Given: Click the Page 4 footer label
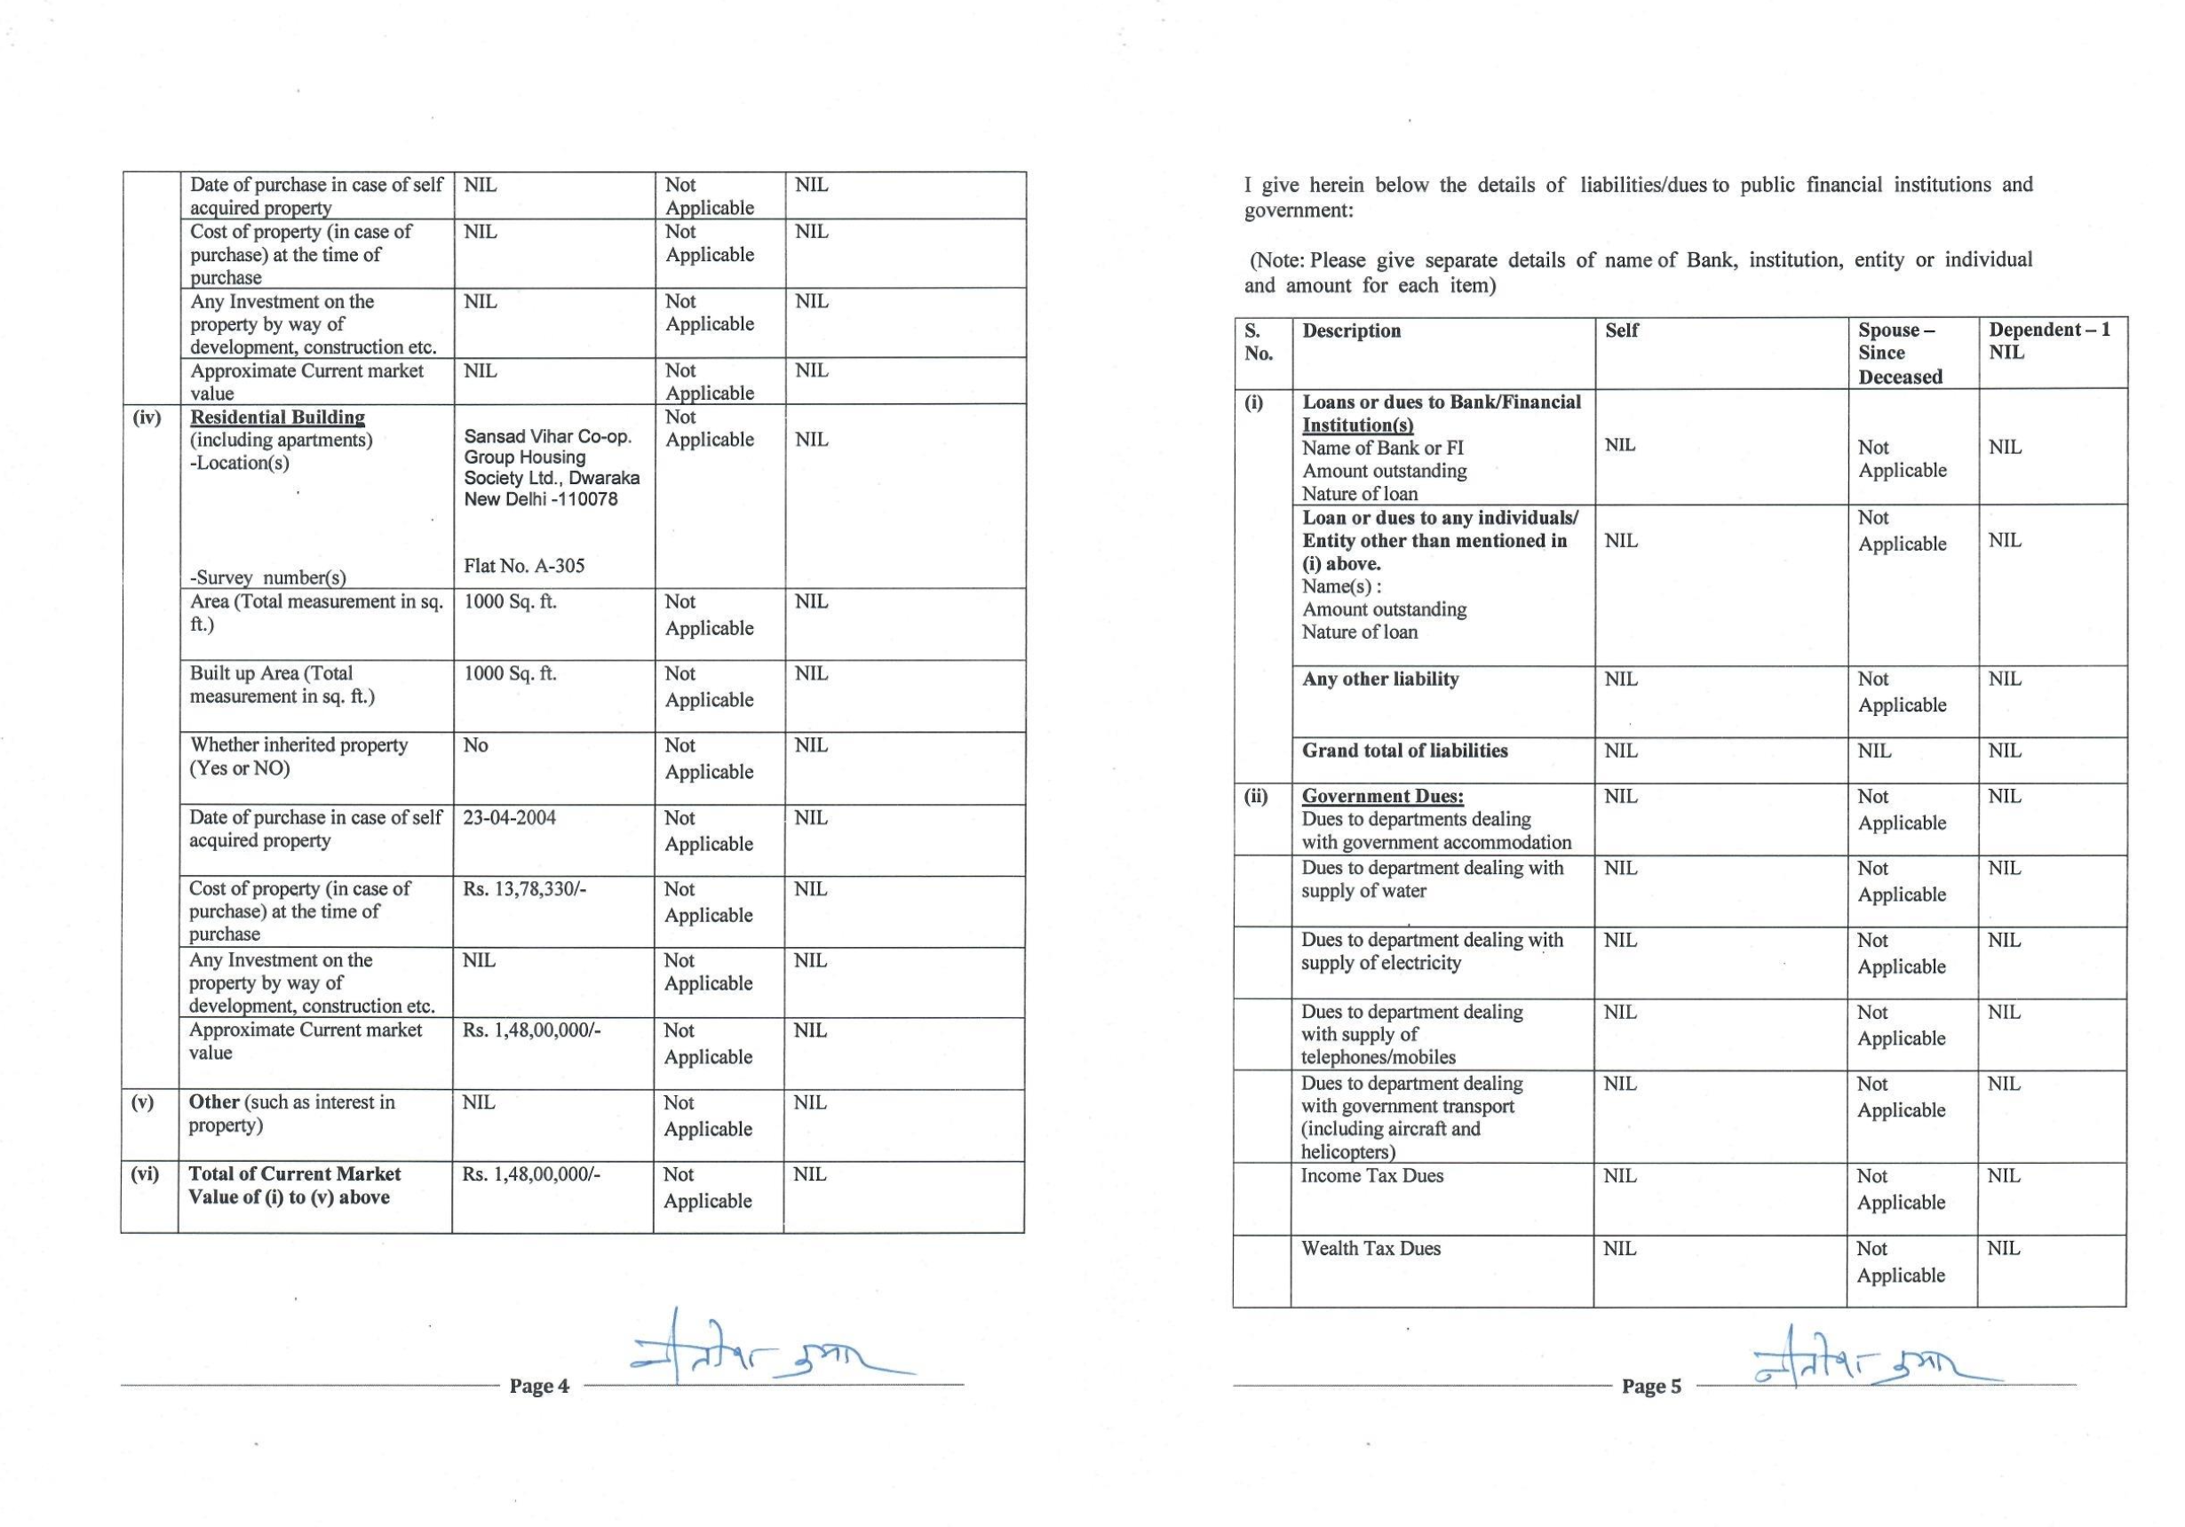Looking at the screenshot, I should pyautogui.click(x=538, y=1386).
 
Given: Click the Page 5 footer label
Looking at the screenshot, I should pyautogui.click(x=1651, y=1386).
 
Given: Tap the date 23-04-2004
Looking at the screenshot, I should pyautogui.click(x=509, y=818).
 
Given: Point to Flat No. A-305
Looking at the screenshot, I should pyautogui.click(x=524, y=567).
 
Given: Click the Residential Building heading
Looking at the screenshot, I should pyautogui.click(x=277, y=417).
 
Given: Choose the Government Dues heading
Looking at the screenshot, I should pyautogui.click(x=1382, y=797).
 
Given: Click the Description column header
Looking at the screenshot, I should pyautogui.click(x=1351, y=331).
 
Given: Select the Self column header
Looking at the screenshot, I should pyautogui.click(x=1622, y=331).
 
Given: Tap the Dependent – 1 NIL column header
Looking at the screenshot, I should pyautogui.click(x=2049, y=341).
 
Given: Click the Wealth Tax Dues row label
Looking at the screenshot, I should pyautogui.click(x=1371, y=1249).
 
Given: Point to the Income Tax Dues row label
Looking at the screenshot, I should pyautogui.click(x=1371, y=1177).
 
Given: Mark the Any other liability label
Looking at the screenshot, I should pyautogui.click(x=1380, y=679).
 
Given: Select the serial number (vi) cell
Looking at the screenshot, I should pyautogui.click(x=145, y=1174).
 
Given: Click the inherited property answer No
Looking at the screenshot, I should pyautogui.click(x=475, y=745).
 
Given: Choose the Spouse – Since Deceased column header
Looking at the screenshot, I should pyautogui.click(x=1900, y=354).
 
